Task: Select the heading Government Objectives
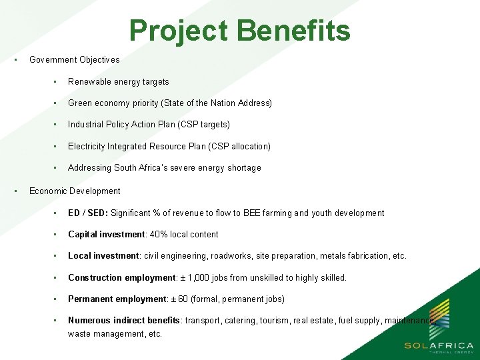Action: tap(75, 60)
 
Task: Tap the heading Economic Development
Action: tap(75, 191)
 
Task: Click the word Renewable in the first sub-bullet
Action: tap(91, 82)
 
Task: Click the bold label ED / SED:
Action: tap(87, 213)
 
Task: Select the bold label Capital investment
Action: tap(106, 235)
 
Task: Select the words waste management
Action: tap(101, 334)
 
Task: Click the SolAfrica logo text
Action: tap(439, 345)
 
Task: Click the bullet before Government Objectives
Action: tap(15, 59)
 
